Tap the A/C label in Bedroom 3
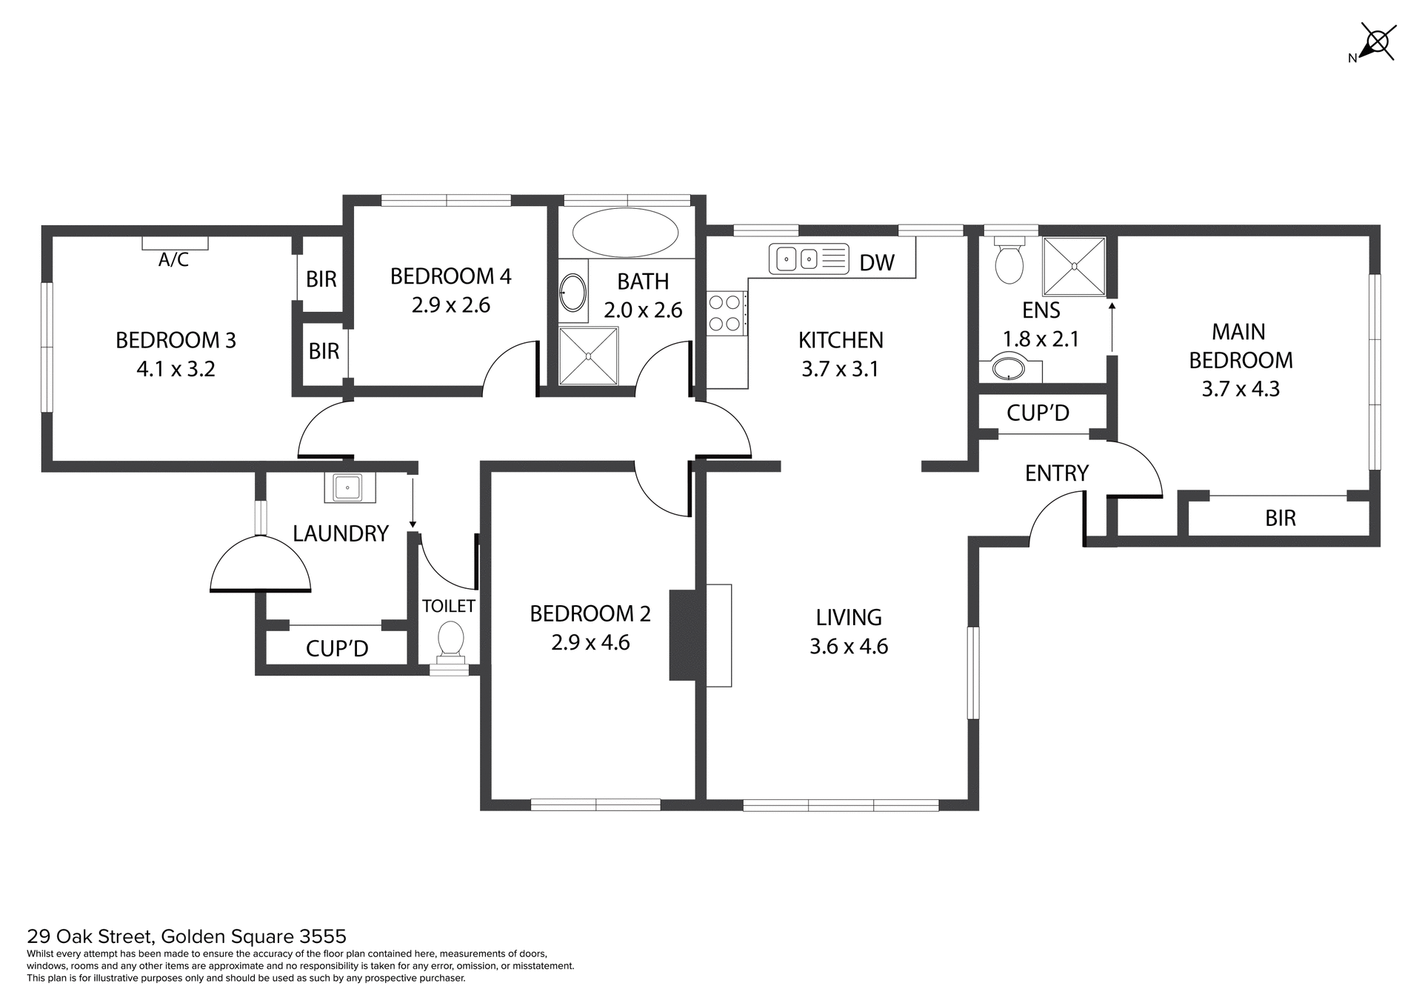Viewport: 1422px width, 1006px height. (173, 260)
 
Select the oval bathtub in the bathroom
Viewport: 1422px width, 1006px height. (626, 233)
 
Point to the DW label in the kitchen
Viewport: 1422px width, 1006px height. (877, 262)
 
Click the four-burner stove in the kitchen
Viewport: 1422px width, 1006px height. (726, 313)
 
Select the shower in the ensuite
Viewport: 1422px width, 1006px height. (1073, 266)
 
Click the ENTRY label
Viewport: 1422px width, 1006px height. (1056, 473)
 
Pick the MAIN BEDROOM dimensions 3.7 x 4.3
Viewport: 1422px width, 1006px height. (1241, 389)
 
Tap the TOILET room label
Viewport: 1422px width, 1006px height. (448, 606)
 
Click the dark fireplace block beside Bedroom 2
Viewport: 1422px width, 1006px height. (682, 635)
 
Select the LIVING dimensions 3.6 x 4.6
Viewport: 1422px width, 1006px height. (849, 647)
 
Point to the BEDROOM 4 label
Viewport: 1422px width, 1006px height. (450, 276)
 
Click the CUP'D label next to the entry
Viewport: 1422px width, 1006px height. (1038, 413)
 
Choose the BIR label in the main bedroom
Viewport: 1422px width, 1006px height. (1280, 518)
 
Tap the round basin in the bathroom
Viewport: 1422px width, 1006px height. (573, 293)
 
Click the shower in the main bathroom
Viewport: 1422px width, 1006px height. (588, 356)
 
